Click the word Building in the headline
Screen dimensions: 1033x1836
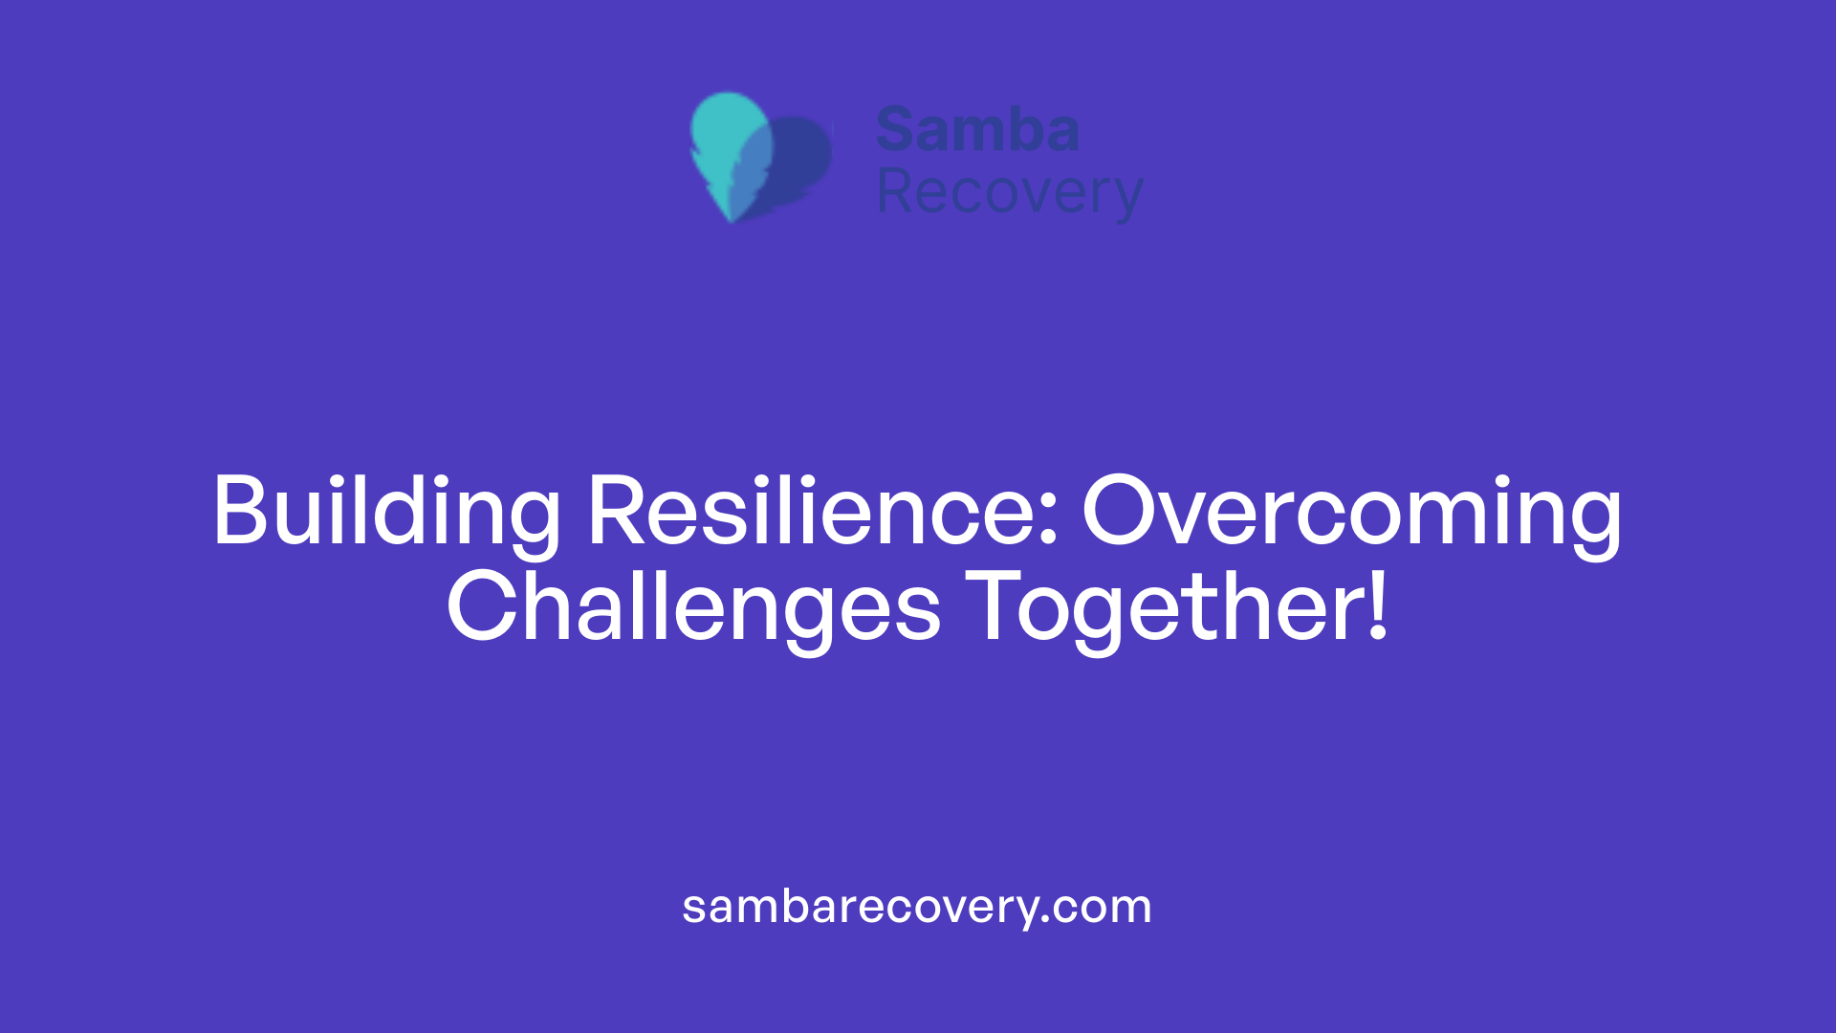tap(385, 513)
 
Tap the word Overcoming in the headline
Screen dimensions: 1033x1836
tap(1351, 513)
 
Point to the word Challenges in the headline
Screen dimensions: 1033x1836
tap(693, 608)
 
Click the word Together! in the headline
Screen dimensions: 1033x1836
tap(1177, 608)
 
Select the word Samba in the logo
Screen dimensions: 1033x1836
tap(977, 130)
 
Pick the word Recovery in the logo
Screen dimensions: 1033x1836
tap(1009, 193)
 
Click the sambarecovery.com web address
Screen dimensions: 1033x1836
tap(917, 907)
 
